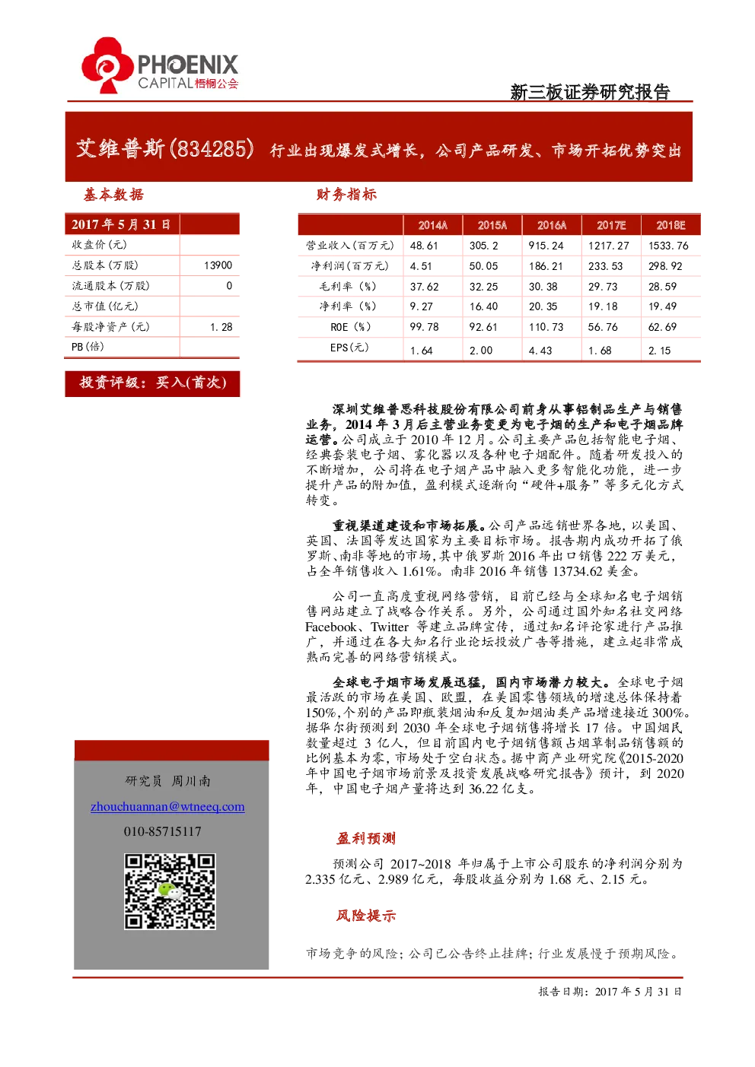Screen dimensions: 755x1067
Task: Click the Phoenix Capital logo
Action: (160, 65)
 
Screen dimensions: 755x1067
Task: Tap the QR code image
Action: (170, 891)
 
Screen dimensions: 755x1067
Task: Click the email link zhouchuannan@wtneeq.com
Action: (167, 807)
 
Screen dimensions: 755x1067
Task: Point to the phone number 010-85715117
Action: (163, 832)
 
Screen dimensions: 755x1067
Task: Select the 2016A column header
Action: (552, 225)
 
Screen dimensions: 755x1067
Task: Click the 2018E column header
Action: (671, 225)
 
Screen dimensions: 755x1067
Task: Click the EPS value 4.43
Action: (540, 351)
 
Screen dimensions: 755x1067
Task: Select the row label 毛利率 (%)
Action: (348, 286)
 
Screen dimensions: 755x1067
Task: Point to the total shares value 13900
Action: (218, 265)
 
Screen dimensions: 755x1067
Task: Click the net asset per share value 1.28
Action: (221, 327)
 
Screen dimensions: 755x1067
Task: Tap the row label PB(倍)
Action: (88, 347)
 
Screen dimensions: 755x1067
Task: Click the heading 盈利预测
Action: (366, 838)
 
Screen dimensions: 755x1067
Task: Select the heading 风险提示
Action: (366, 916)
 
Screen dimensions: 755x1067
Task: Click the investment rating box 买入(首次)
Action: (152, 383)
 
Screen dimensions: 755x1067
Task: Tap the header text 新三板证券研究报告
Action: (590, 92)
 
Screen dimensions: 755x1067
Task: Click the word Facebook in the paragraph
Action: (331, 627)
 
